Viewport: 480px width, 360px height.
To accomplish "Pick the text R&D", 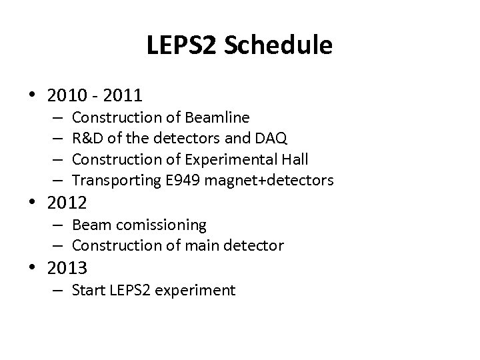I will click(x=88, y=138).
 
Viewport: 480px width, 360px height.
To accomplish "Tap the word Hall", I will click(x=294, y=159).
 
